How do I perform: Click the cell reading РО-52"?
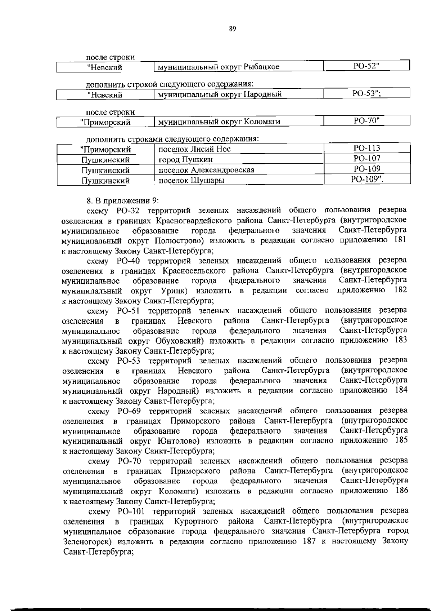coord(366,66)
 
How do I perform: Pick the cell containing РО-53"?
coord(366,94)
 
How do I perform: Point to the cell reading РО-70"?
coord(366,121)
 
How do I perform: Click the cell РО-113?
coord(367,148)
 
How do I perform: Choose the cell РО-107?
coord(367,159)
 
